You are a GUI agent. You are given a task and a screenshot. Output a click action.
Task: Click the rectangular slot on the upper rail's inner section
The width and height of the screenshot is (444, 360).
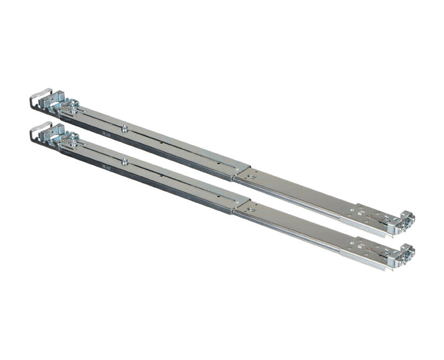tap(252, 177)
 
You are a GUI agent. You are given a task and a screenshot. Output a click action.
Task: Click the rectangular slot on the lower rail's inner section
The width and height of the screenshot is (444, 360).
tap(252, 210)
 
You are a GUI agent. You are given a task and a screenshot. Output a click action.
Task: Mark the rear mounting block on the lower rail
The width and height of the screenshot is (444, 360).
tap(55, 133)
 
